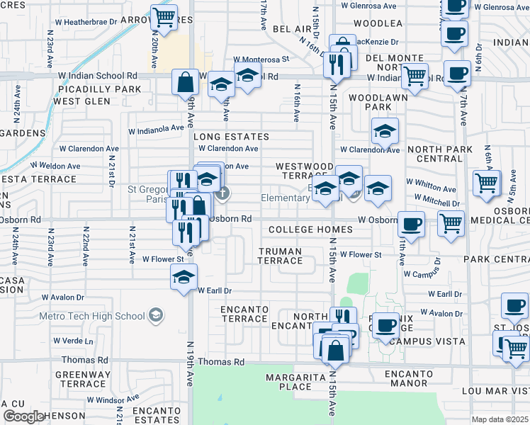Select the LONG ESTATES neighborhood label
coord(231,136)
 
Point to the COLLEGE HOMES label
coord(311,229)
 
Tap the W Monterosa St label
coord(261,59)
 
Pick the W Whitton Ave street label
coord(431,189)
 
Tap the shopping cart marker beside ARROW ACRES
coord(164,17)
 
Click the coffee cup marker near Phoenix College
coord(385,326)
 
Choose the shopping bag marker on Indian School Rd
coord(185,81)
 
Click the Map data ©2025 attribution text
coord(500,419)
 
